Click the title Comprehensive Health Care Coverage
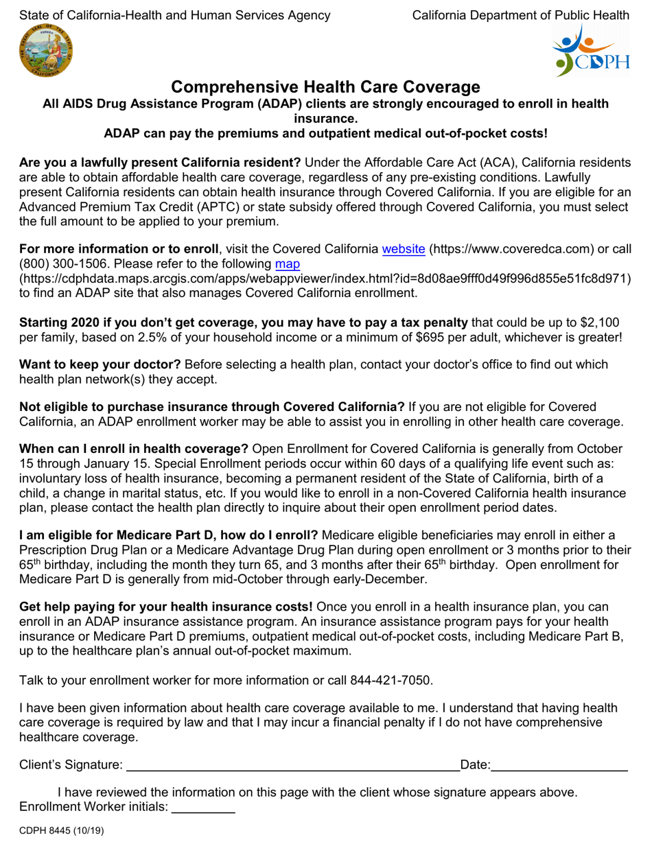pyautogui.click(x=325, y=87)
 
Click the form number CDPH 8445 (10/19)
pyautogui.click(x=62, y=831)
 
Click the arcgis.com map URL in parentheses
pyautogui.click(x=325, y=278)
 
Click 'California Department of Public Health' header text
pyautogui.click(x=520, y=14)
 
